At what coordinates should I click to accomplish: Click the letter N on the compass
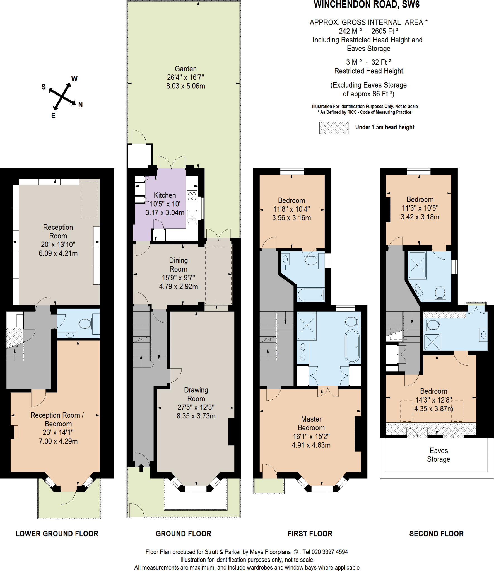(80, 105)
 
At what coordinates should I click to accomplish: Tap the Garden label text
(186, 69)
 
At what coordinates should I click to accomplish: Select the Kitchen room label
(165, 195)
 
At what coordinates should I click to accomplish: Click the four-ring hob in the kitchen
(192, 196)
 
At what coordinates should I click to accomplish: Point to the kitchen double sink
(192, 217)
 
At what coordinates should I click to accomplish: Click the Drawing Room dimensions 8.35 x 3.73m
(196, 416)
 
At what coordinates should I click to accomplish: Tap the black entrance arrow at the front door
(141, 468)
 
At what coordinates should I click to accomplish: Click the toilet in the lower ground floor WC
(85, 324)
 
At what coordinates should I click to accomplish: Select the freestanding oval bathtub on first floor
(352, 346)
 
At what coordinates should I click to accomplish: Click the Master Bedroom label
(311, 423)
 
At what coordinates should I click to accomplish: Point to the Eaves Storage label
(438, 455)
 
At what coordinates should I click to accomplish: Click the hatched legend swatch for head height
(334, 128)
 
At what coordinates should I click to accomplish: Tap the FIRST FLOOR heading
(310, 534)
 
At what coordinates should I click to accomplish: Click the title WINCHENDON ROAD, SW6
(367, 4)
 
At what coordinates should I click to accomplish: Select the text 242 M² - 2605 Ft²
(368, 31)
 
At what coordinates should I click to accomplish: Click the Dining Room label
(179, 265)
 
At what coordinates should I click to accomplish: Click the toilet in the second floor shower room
(440, 293)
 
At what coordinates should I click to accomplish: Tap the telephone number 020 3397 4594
(330, 552)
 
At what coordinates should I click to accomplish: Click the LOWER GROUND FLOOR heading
(57, 534)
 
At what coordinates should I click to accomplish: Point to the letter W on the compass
(74, 79)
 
